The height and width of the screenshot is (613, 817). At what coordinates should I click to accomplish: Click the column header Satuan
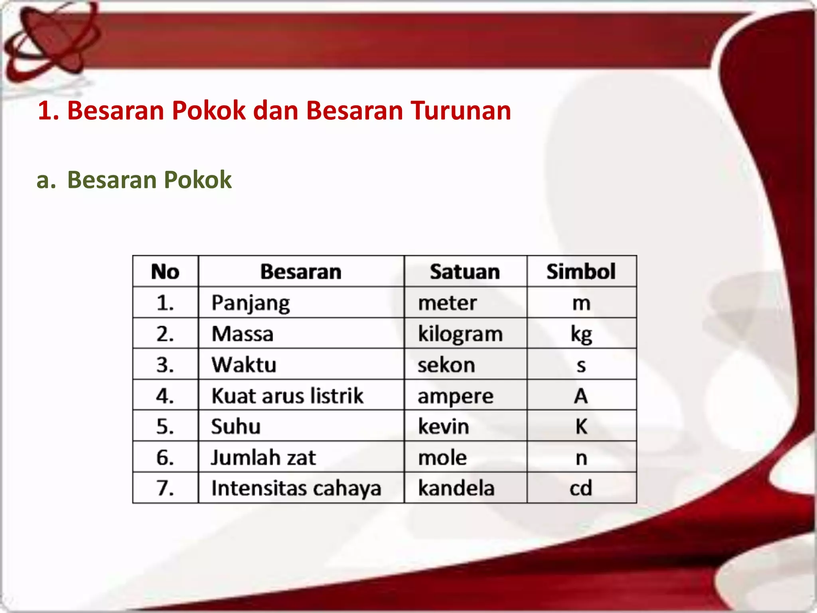point(465,272)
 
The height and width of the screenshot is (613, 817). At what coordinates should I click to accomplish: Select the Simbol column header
point(581,272)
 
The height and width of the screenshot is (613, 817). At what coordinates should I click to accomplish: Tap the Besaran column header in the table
point(301,272)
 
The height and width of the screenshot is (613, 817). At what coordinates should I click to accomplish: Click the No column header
point(165,272)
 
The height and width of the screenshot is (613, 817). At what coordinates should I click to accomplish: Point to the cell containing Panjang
point(251,303)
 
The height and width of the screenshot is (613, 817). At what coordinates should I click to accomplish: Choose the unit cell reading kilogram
point(460,334)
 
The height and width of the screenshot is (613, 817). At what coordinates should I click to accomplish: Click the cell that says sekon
point(446,365)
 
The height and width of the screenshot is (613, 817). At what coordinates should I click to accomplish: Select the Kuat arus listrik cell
point(287,395)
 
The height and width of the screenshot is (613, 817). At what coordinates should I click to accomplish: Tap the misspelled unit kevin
point(443,426)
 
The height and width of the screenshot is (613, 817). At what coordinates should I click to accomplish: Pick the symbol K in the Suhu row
point(581,426)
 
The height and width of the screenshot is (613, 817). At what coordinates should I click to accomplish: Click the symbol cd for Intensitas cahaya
point(581,488)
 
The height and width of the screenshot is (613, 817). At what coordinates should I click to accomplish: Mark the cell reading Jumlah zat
point(263,457)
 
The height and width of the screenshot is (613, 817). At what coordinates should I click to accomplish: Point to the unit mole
point(442,457)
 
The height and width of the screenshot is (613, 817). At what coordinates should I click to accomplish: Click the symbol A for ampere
point(581,395)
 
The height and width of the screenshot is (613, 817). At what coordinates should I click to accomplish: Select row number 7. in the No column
point(165,488)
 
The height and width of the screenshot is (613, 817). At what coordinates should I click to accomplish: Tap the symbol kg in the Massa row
point(581,334)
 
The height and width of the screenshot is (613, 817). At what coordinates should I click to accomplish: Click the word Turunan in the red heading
point(461,110)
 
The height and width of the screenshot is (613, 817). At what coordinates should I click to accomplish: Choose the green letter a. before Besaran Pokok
point(46,180)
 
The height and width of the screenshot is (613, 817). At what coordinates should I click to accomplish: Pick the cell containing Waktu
point(244,365)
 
